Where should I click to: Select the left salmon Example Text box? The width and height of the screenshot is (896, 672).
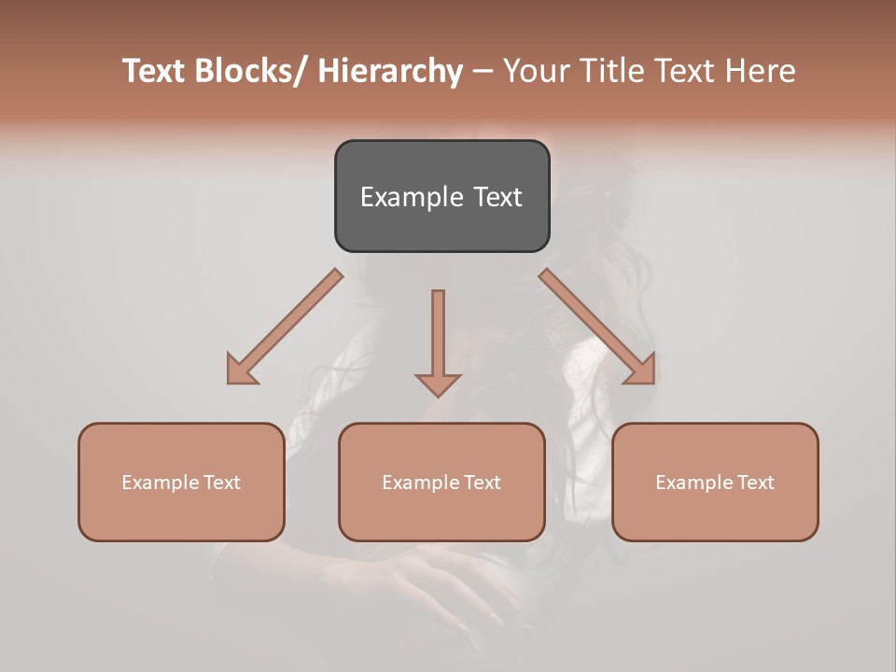coord(180,482)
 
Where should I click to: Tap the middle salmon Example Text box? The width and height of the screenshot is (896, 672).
coord(441,482)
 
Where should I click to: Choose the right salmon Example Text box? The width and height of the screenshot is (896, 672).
coord(715,482)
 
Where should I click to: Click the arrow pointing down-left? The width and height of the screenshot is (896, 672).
coord(285,327)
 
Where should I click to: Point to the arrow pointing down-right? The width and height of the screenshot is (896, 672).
coord(596,326)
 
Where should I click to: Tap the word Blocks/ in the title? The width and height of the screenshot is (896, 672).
coord(259,71)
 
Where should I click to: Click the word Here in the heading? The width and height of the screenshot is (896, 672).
coord(761,71)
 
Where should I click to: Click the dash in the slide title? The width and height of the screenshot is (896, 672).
coord(482,71)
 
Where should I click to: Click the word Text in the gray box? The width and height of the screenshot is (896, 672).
coord(497,197)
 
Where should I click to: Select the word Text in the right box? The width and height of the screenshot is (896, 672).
coord(754,483)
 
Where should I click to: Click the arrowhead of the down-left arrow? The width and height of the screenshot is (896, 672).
coord(241,370)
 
